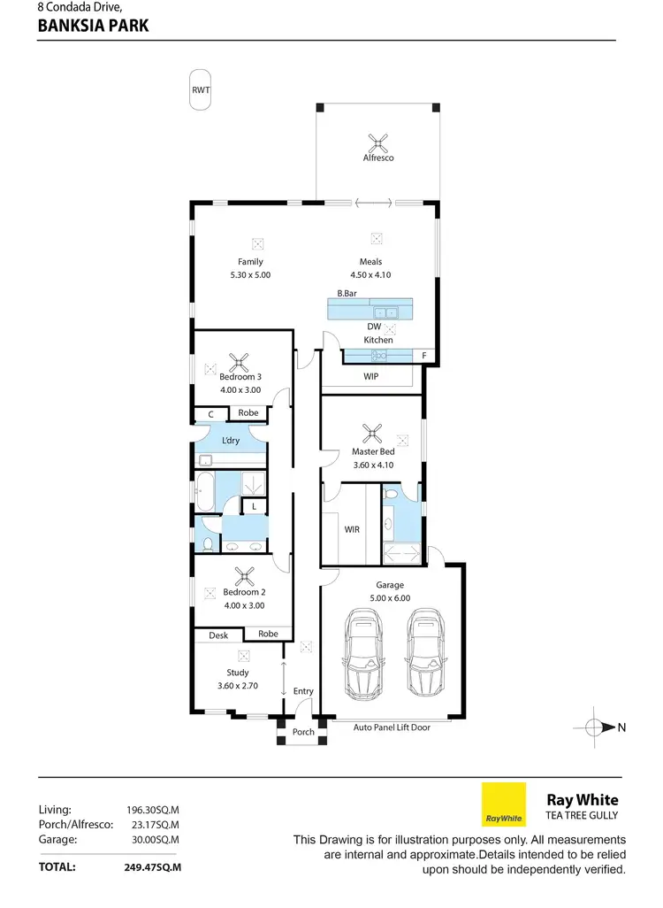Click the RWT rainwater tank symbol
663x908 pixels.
click(x=202, y=90)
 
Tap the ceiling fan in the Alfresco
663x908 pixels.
click(x=378, y=141)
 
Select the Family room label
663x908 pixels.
click(x=250, y=262)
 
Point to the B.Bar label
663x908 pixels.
click(x=346, y=293)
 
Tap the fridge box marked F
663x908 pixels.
click(x=425, y=356)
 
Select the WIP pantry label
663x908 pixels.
click(x=371, y=376)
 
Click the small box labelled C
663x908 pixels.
click(x=211, y=413)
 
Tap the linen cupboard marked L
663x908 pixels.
click(x=255, y=506)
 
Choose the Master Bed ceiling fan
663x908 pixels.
click(x=374, y=434)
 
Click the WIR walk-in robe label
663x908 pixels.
click(x=351, y=529)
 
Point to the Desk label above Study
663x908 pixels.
click(x=218, y=635)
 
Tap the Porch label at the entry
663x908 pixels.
click(x=303, y=732)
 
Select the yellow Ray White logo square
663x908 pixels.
click(x=503, y=804)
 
